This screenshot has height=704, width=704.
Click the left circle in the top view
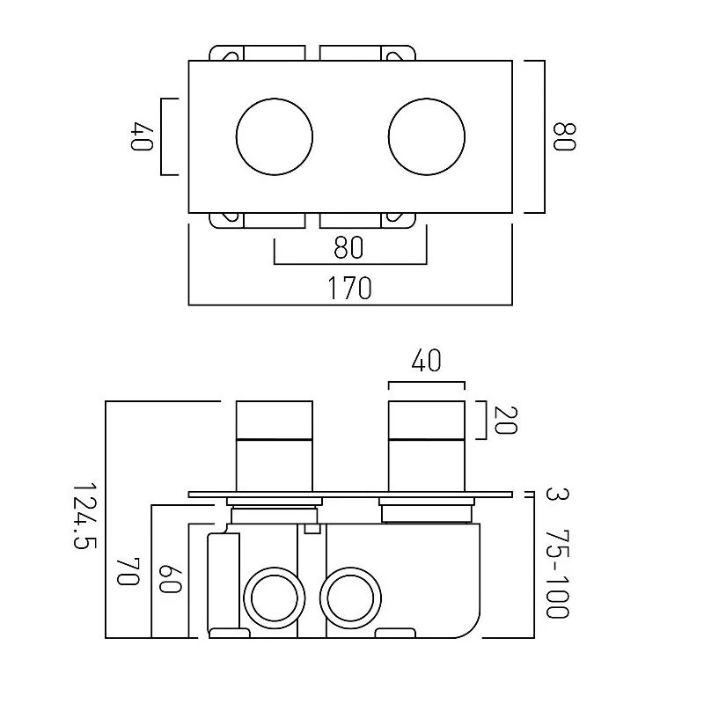point(275,136)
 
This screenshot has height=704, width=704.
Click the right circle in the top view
point(427,136)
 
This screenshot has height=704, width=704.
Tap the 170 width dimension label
point(350,288)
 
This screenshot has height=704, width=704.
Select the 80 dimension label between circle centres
point(349,248)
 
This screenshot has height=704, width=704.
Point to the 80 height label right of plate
point(562,136)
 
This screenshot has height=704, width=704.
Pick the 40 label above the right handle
point(426,361)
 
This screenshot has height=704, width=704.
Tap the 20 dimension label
point(504,421)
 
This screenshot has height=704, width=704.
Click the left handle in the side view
point(275,446)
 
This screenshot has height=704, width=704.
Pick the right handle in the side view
point(427,446)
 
